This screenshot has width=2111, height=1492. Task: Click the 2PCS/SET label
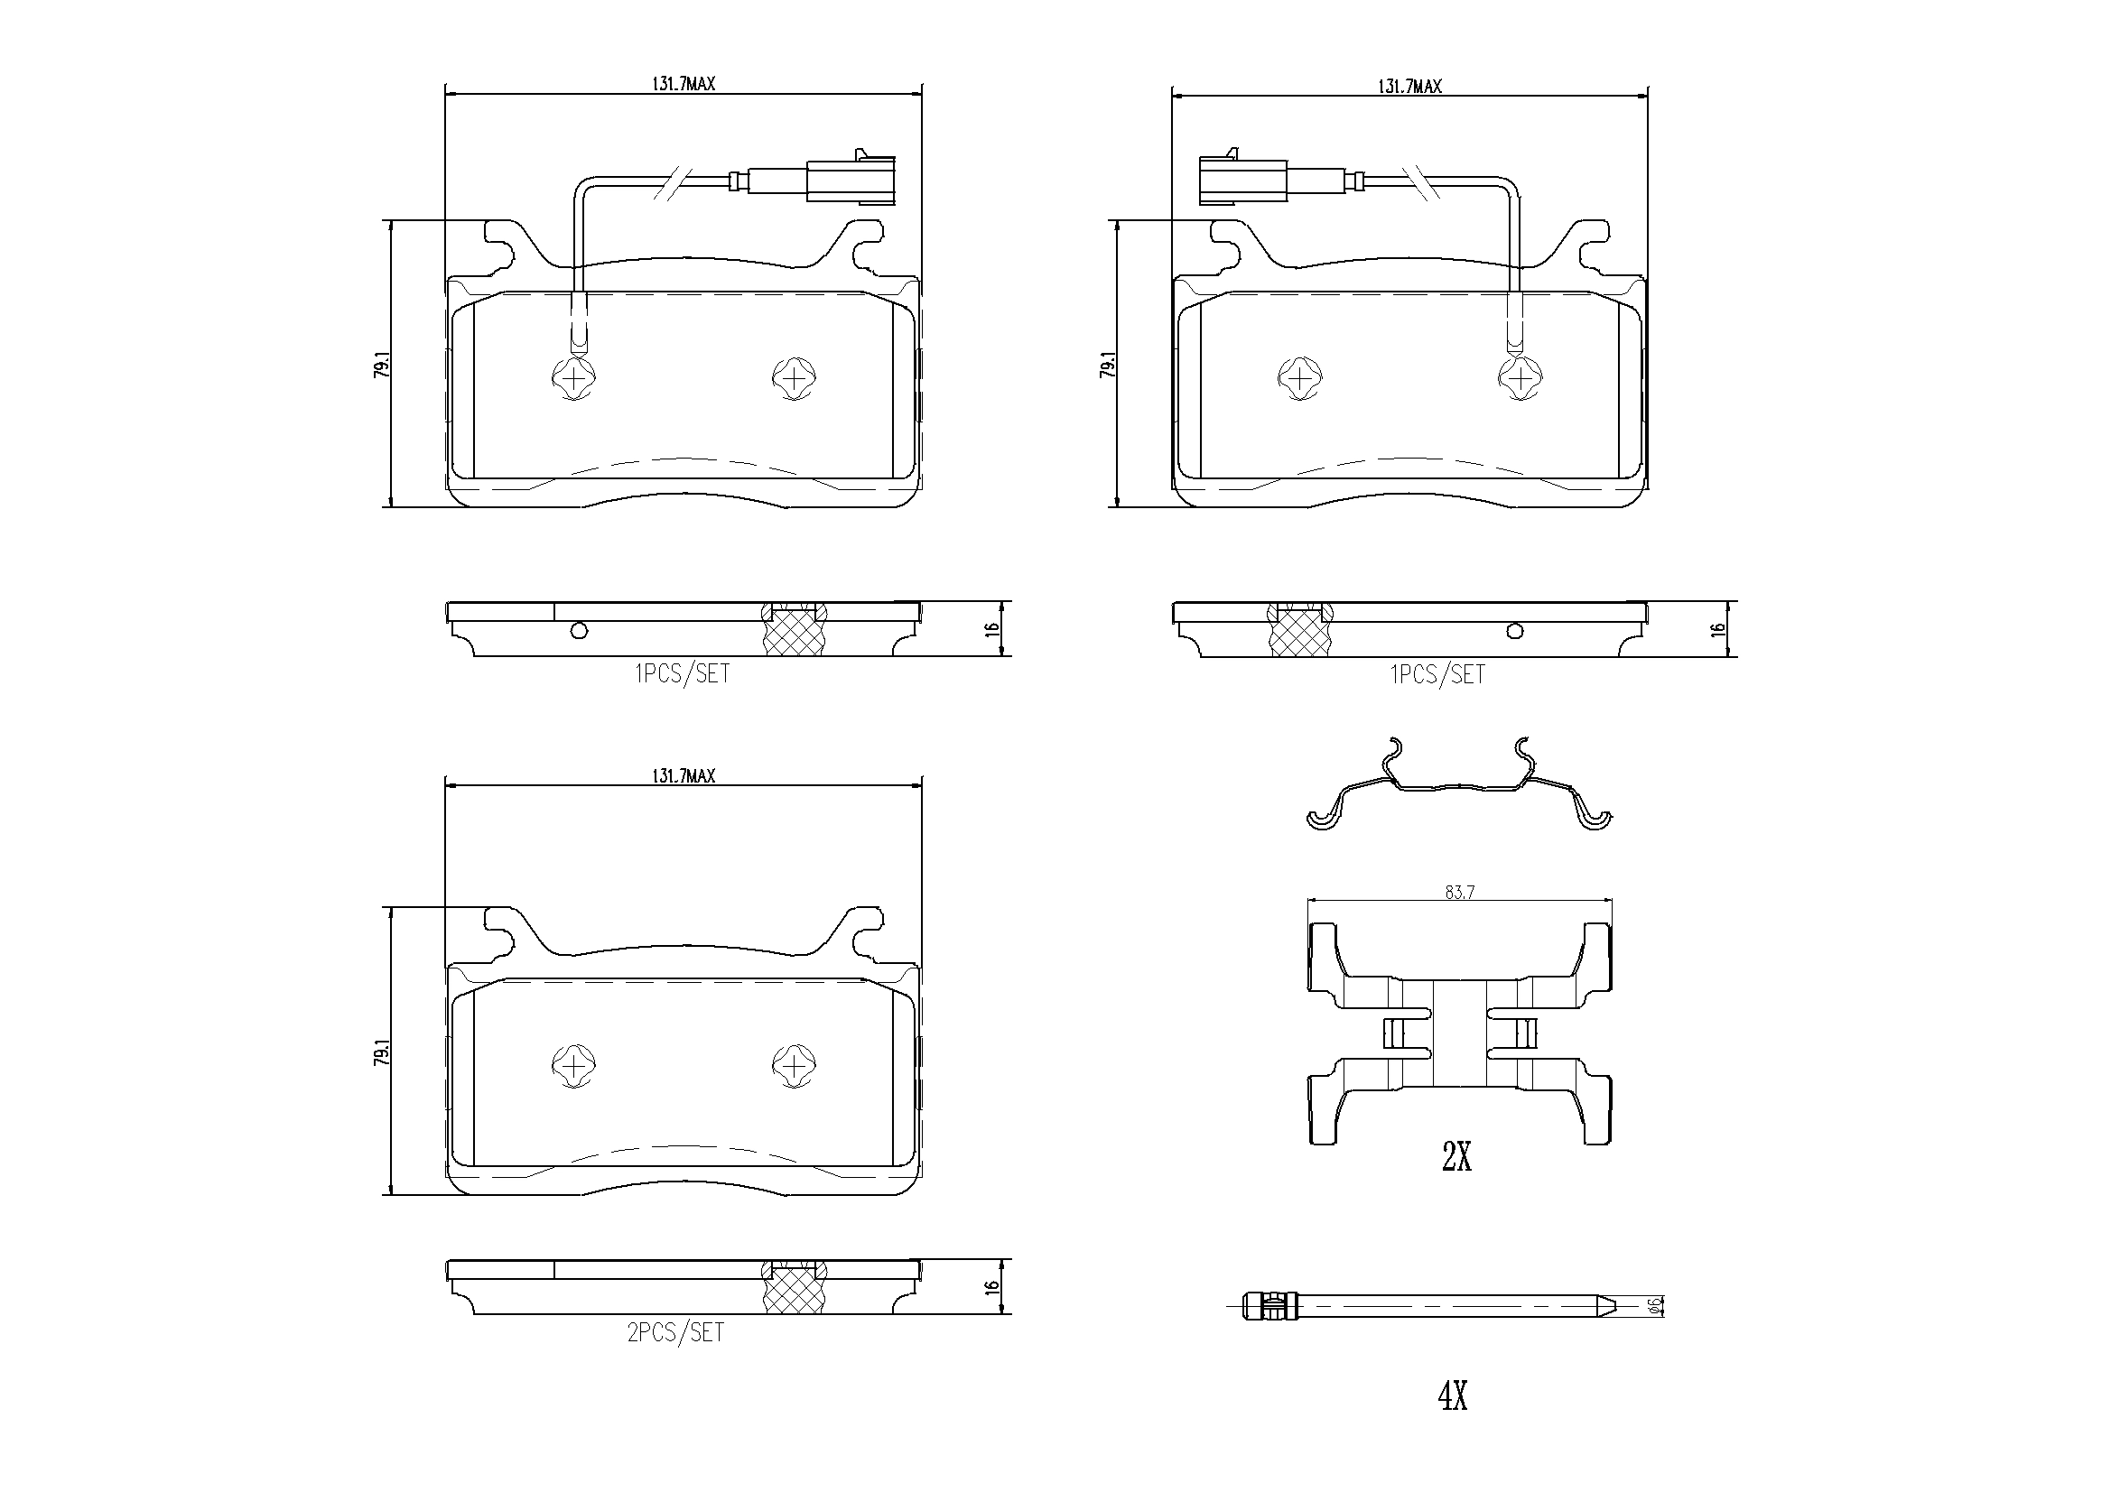point(675,1332)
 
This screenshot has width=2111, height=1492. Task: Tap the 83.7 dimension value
point(1459,892)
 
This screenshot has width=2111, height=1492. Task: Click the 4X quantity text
point(1453,1396)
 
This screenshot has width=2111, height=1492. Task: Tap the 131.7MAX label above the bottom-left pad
point(684,776)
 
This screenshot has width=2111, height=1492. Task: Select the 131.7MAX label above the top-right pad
point(1409,87)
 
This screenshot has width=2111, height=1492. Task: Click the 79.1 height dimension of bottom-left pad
point(382,1052)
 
